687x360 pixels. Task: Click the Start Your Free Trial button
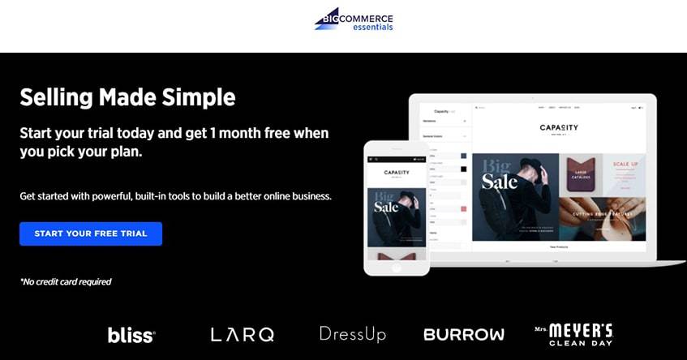[91, 234]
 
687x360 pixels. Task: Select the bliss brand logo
[131, 334]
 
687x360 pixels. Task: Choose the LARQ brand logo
[242, 334]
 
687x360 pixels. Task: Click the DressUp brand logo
[352, 334]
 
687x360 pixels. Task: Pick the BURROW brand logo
[463, 334]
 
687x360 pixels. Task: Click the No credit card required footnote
[66, 282]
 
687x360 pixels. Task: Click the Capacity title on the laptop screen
[559, 127]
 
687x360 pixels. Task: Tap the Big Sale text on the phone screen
[386, 204]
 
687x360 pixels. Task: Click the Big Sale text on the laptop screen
[498, 174]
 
